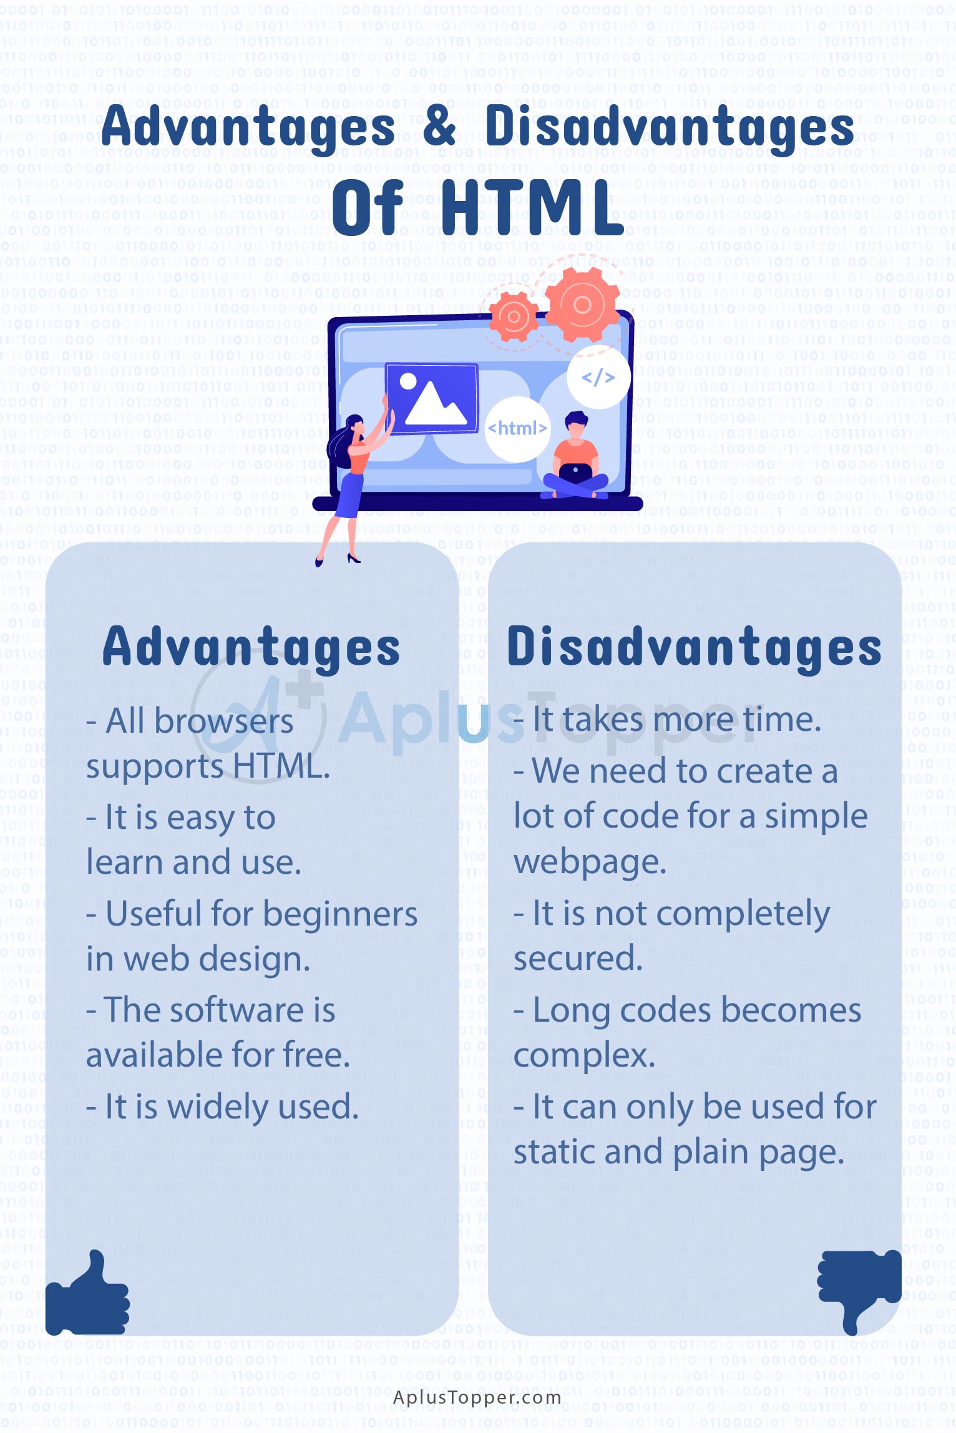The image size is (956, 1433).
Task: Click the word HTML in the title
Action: pyautogui.click(x=533, y=208)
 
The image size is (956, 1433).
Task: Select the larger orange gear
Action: pyautogui.click(x=582, y=304)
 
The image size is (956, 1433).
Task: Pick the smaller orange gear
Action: pyautogui.click(x=514, y=316)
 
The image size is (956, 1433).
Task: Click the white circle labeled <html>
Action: pyautogui.click(x=517, y=429)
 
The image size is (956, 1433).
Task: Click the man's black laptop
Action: pyautogui.click(x=575, y=474)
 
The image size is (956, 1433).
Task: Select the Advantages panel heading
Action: pyautogui.click(x=251, y=647)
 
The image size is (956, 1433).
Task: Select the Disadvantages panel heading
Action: pyautogui.click(x=694, y=647)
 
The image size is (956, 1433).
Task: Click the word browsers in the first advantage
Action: pyautogui.click(x=223, y=721)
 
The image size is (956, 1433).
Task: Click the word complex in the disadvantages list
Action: pyautogui.click(x=584, y=1056)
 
